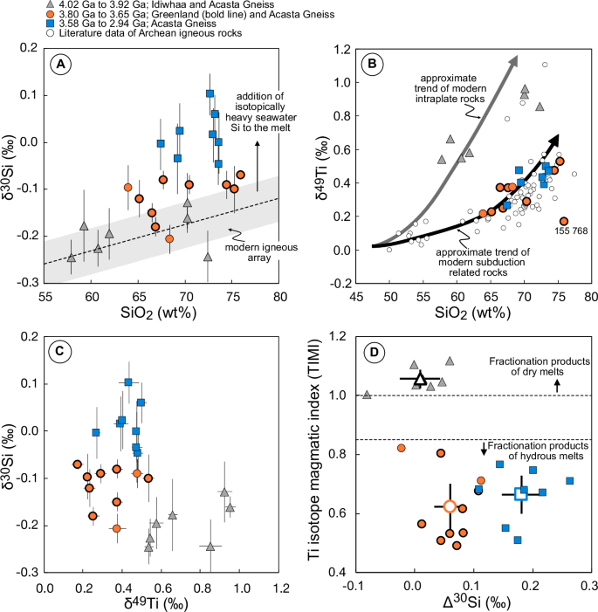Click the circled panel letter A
click(62, 64)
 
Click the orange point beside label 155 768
click(564, 221)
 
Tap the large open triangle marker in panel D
click(420, 378)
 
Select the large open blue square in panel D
click(521, 494)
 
